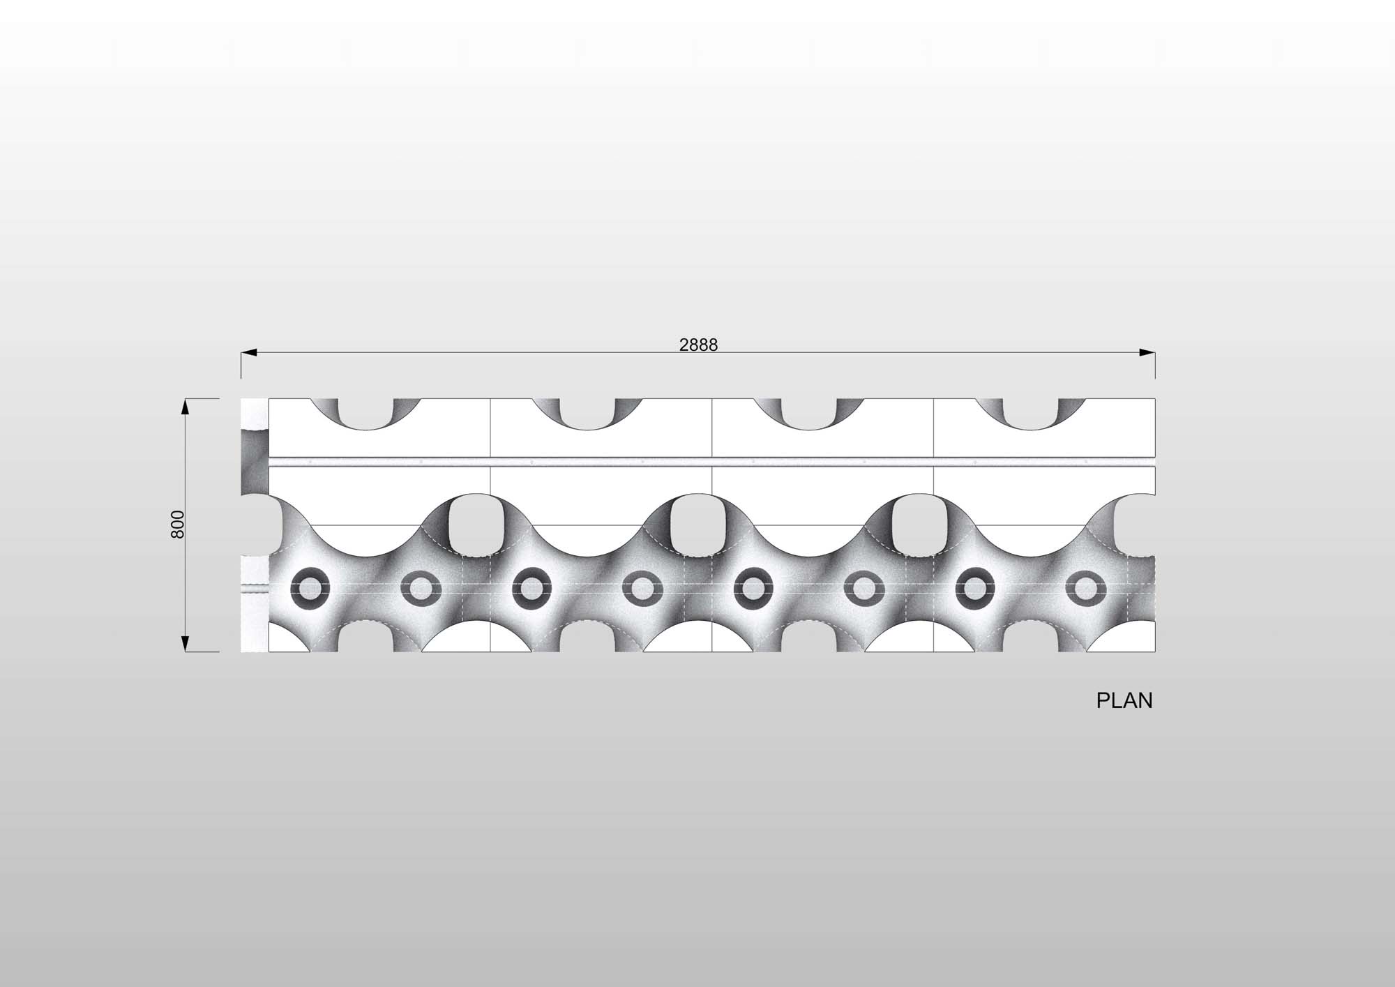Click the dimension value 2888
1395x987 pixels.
tap(698, 345)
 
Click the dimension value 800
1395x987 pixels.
tap(177, 525)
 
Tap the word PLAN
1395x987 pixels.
tap(1124, 701)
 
